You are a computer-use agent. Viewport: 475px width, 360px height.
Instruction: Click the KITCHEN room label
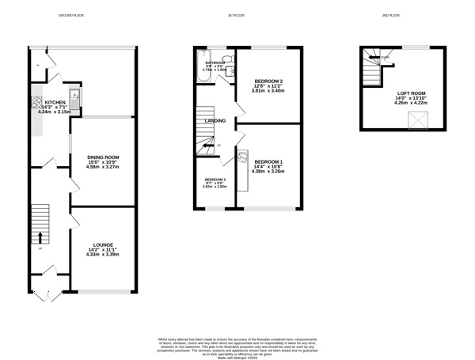coord(55,103)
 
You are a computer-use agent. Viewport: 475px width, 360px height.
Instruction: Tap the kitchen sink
coord(74,100)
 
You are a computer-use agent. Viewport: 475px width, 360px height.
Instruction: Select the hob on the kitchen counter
coord(36,101)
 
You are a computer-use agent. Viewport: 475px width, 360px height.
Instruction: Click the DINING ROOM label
coord(102,157)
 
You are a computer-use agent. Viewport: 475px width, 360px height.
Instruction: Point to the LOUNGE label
coord(102,244)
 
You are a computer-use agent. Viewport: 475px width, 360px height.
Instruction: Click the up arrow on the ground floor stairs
coord(40,236)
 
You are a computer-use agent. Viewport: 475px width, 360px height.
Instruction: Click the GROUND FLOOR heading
coord(74,16)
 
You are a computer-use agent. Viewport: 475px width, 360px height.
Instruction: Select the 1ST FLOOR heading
coord(236,16)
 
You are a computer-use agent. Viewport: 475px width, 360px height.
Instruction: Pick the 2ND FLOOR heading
coord(389,16)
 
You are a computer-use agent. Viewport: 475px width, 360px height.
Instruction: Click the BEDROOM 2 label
coord(268,81)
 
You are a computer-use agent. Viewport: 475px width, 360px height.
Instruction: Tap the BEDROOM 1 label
coord(268,162)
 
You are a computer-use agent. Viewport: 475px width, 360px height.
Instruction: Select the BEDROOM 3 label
coord(215,179)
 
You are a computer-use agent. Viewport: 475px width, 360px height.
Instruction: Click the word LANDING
coord(215,121)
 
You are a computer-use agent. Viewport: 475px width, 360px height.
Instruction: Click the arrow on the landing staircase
coord(207,145)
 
